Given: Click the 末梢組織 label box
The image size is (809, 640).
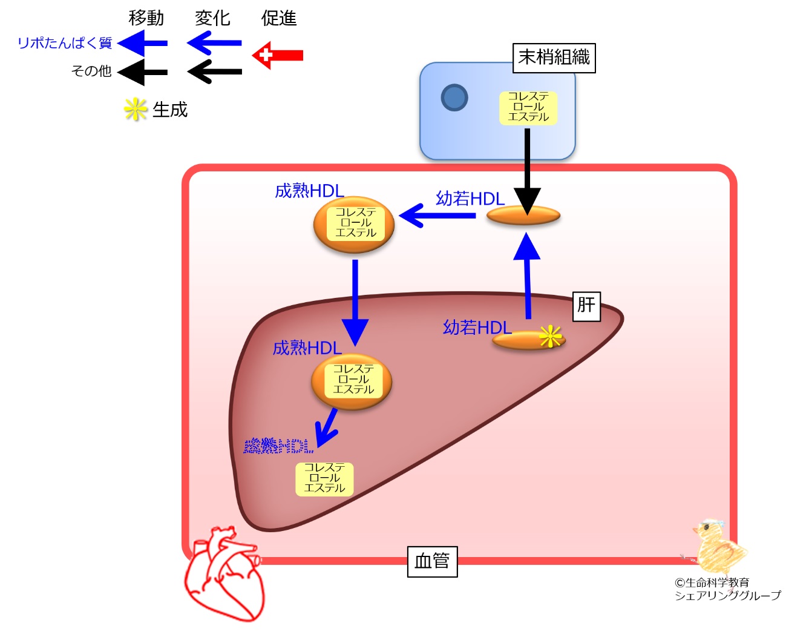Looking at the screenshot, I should (554, 58).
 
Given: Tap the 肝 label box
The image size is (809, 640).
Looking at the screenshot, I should (586, 305).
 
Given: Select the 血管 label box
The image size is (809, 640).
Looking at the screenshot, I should (432, 561).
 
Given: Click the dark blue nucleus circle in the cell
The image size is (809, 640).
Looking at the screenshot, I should (454, 97).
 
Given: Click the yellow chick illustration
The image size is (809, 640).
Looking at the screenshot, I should (720, 545).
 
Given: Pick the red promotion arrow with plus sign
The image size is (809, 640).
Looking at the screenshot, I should (278, 55).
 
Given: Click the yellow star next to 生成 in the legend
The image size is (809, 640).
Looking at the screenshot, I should (136, 110).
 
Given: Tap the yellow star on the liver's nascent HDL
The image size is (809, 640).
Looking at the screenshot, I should (550, 336).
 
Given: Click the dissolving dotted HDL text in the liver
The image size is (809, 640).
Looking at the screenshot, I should (278, 446).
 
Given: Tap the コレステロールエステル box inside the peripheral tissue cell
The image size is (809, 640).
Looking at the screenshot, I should (528, 107).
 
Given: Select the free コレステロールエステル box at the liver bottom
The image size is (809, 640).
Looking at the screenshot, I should (324, 478).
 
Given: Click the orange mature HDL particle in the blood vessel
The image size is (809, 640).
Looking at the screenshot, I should (354, 224).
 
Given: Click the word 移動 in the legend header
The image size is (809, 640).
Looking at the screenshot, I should (146, 18).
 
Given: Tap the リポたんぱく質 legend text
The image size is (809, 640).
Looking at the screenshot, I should (65, 43).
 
